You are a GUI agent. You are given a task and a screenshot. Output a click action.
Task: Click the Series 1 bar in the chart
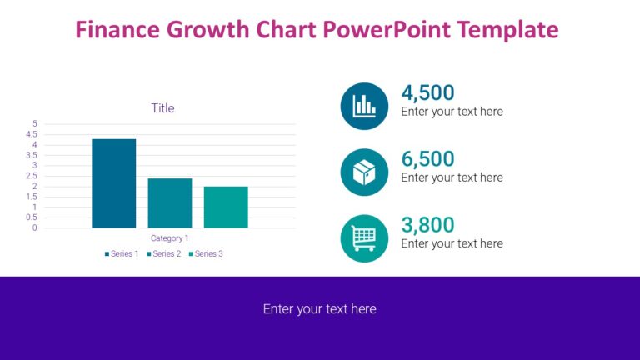point(113,183)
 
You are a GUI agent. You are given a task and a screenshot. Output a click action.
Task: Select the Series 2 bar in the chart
point(170,203)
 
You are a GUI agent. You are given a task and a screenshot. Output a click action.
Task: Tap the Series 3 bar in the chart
point(226,207)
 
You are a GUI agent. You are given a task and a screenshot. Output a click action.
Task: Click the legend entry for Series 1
point(122,253)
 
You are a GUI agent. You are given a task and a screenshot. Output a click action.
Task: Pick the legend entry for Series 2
point(163,253)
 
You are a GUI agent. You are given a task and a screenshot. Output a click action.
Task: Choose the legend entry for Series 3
point(206,253)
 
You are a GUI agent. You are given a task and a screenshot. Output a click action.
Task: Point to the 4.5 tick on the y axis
point(32,134)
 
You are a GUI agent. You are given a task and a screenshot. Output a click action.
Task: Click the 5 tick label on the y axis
point(34,124)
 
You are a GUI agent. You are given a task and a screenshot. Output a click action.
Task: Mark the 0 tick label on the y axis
point(34,227)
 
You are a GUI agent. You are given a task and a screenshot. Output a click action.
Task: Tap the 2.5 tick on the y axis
point(32,176)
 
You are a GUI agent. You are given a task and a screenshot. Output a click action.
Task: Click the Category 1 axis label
point(169,238)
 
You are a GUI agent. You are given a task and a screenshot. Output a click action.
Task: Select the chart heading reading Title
point(162,108)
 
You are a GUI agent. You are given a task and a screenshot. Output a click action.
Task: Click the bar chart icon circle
point(364,106)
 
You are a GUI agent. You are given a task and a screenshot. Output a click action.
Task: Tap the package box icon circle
point(364,172)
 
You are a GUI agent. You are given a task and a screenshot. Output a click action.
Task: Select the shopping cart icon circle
point(364,238)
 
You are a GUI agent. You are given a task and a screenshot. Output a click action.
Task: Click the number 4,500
point(427,92)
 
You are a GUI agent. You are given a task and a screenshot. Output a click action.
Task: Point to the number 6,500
point(427,159)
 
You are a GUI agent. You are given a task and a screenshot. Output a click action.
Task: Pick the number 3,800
point(427,225)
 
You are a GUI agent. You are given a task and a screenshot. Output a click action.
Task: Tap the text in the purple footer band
point(320,309)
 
